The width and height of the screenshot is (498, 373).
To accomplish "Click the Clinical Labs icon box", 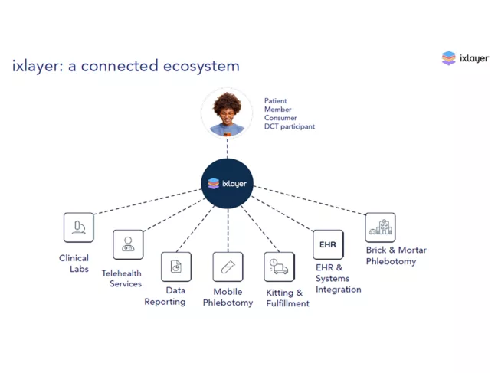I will (x=78, y=227).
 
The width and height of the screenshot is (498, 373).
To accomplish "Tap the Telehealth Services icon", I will (x=128, y=244).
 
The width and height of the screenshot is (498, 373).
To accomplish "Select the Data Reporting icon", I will (x=175, y=267).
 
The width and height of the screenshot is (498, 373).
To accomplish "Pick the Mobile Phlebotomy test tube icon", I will (x=228, y=267).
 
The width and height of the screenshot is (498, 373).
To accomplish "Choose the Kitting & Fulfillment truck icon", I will (x=279, y=267).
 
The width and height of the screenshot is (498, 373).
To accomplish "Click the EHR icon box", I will (x=328, y=244).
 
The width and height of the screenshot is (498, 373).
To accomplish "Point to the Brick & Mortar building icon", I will (x=380, y=227).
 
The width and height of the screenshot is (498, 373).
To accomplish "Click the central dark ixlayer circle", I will (x=228, y=184).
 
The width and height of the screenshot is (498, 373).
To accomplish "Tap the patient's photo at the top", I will (x=227, y=113).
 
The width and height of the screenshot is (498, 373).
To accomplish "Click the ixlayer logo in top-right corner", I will (x=465, y=58).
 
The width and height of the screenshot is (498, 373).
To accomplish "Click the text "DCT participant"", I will (x=290, y=126).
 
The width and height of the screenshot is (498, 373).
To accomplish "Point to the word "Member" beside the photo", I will (x=278, y=110).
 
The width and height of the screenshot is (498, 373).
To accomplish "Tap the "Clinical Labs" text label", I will (x=74, y=263).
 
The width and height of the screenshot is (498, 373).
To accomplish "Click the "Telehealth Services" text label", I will (x=122, y=279).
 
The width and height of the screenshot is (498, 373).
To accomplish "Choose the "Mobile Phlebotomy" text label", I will (x=228, y=297).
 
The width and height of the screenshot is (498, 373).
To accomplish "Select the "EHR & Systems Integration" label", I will (x=338, y=279).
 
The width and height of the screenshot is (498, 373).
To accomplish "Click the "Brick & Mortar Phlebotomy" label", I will (x=396, y=256).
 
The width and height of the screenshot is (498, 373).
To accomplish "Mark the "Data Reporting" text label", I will (x=165, y=296).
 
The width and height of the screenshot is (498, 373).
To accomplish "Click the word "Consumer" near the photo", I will (x=281, y=118).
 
